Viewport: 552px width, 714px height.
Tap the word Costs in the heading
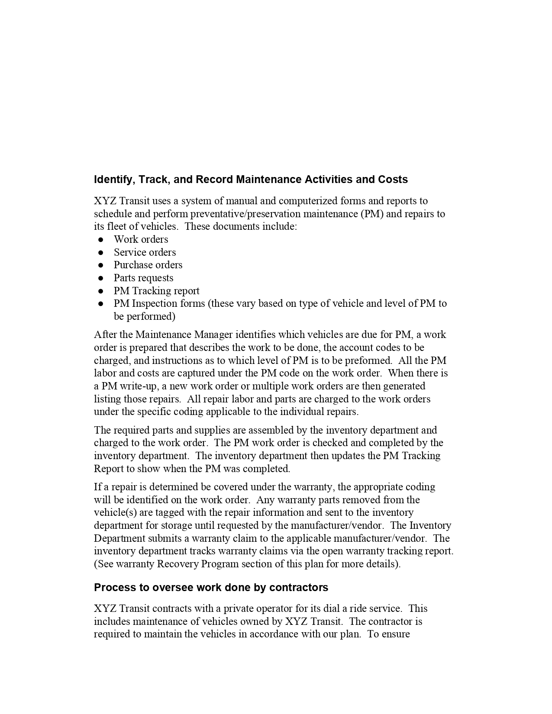pyautogui.click(x=393, y=180)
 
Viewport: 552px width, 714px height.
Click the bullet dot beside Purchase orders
pyautogui.click(x=101, y=265)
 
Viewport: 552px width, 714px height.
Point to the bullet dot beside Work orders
pyautogui.click(x=101, y=239)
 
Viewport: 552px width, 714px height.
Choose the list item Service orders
pyautogui.click(x=145, y=252)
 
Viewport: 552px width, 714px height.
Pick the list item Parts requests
pyautogui.click(x=143, y=278)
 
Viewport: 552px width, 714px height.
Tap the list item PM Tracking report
pyautogui.click(x=156, y=291)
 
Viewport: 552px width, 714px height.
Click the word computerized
pyautogui.click(x=307, y=201)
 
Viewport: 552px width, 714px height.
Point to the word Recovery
pyautogui.click(x=175, y=564)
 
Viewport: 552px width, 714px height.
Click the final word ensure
pyautogui.click(x=396, y=634)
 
